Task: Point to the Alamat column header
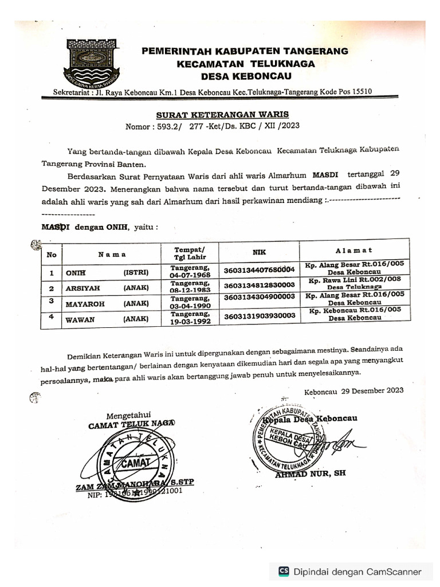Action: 354,251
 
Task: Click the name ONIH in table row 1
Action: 74,273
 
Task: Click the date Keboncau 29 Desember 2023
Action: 353,391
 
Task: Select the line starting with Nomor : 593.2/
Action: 212,126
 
